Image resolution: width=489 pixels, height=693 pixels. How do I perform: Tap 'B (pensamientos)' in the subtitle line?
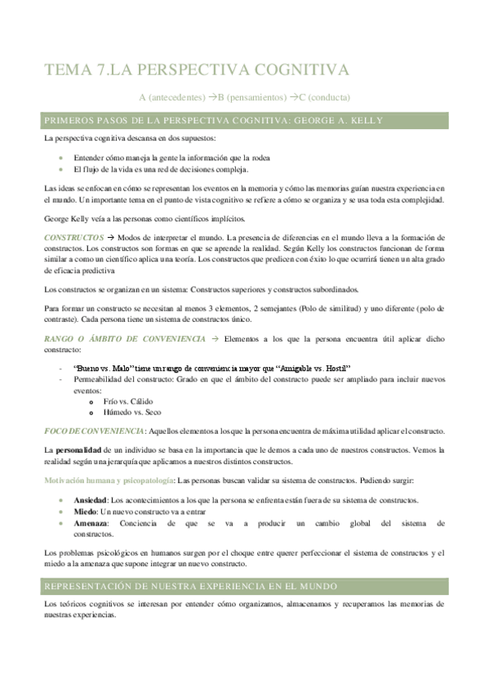coord(244,96)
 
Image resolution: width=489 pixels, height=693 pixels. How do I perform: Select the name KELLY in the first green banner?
coord(367,120)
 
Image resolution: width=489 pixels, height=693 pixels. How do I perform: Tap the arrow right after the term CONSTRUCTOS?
coord(110,236)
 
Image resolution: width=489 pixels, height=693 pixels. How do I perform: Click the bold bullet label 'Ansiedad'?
coord(90,500)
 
